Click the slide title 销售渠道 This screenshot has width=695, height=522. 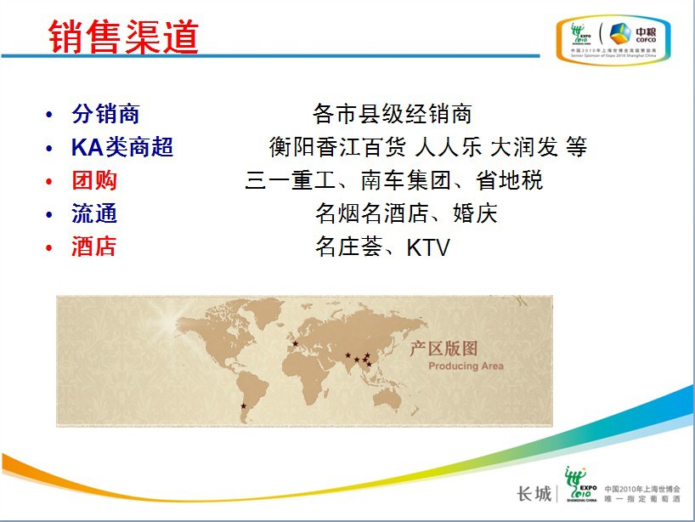tap(123, 37)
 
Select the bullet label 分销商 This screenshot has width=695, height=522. tap(105, 114)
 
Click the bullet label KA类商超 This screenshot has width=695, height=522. tap(122, 147)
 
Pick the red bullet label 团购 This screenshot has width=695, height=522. tap(94, 180)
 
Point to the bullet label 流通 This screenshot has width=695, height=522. tap(94, 213)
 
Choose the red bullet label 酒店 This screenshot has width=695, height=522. tap(94, 247)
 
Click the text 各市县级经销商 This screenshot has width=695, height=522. tap(392, 114)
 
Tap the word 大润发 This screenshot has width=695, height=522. tap(524, 147)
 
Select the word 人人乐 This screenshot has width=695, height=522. tap(449, 147)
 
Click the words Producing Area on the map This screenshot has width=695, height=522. tap(466, 366)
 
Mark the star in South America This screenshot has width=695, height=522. tap(243, 406)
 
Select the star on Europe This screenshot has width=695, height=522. tap(295, 343)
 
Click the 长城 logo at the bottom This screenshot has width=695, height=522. tap(534, 494)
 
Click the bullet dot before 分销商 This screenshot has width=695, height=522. tap(49, 115)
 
